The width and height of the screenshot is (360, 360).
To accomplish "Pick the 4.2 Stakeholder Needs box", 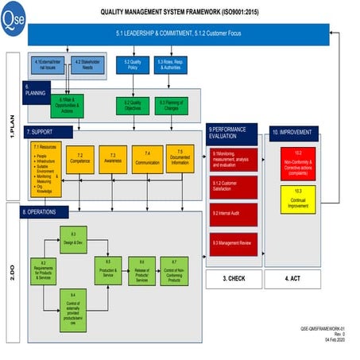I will point(86,64).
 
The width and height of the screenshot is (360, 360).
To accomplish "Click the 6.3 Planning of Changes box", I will point(170,104).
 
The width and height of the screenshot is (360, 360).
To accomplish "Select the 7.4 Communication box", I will point(148,160).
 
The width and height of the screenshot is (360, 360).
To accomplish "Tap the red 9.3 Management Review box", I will point(234,243).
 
